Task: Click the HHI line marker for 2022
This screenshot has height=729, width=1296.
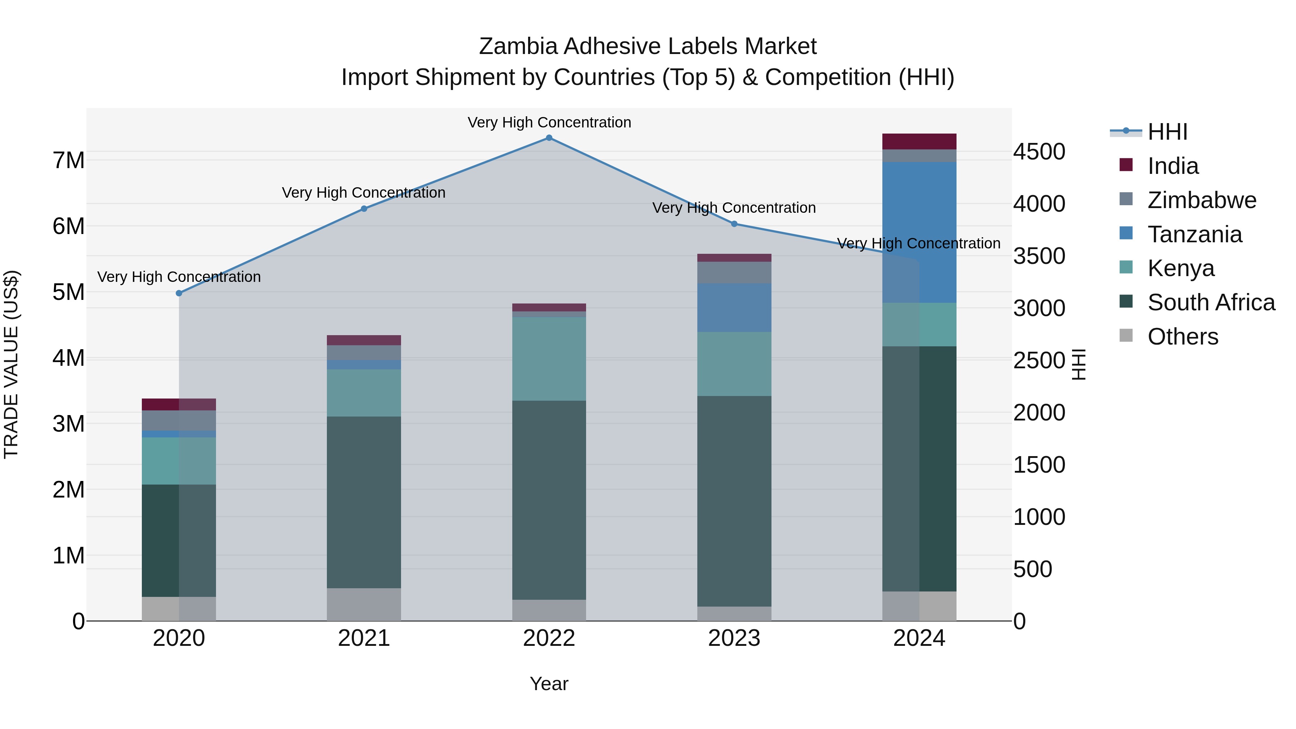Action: click(x=549, y=138)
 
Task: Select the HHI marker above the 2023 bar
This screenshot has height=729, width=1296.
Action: click(x=734, y=224)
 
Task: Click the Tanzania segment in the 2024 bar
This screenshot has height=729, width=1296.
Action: click(x=919, y=232)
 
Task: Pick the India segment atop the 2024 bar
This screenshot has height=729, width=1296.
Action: click(x=919, y=141)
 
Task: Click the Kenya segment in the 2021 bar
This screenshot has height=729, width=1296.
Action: click(x=364, y=392)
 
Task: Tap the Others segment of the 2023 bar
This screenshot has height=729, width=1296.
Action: click(x=734, y=613)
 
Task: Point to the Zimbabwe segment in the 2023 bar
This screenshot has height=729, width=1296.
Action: click(x=734, y=272)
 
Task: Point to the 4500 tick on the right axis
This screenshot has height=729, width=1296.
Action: click(x=1039, y=152)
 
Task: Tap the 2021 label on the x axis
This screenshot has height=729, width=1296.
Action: click(x=364, y=638)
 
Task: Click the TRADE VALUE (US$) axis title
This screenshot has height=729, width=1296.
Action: click(x=11, y=364)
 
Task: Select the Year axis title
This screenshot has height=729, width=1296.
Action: click(x=549, y=684)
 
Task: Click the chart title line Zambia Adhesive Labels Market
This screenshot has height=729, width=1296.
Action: click(x=648, y=46)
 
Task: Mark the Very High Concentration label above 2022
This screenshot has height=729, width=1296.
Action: click(x=549, y=122)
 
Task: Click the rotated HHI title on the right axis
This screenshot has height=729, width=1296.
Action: click(x=1079, y=364)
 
